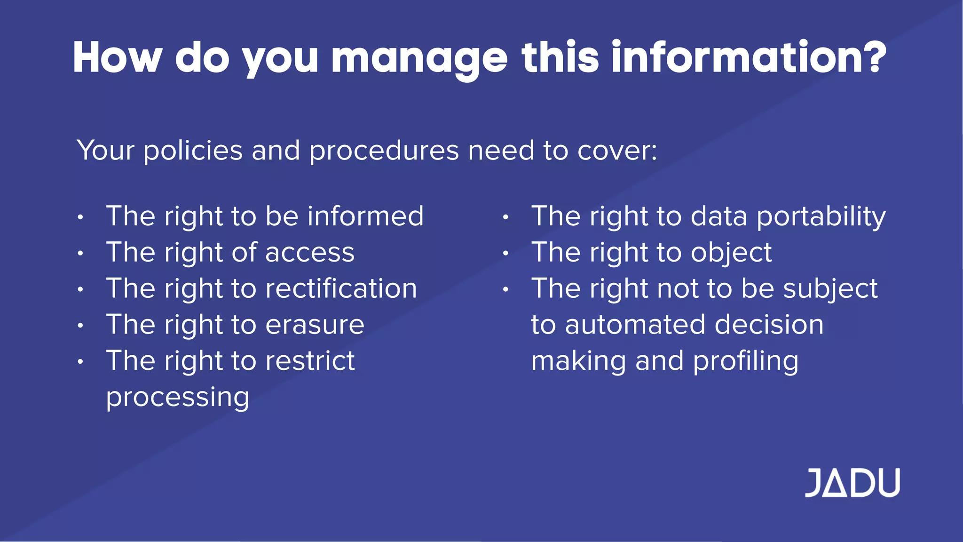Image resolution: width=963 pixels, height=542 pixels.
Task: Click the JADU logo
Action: point(852,483)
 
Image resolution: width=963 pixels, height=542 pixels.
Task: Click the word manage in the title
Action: point(419,58)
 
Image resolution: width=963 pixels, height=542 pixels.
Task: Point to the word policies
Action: point(193,151)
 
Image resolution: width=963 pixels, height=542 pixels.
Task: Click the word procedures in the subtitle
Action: point(384,151)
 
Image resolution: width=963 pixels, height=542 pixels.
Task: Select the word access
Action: point(310,253)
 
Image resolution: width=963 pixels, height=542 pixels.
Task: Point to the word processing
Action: point(177,398)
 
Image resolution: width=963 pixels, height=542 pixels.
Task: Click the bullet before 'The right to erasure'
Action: point(81,325)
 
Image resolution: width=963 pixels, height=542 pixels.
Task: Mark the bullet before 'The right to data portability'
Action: point(505,217)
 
